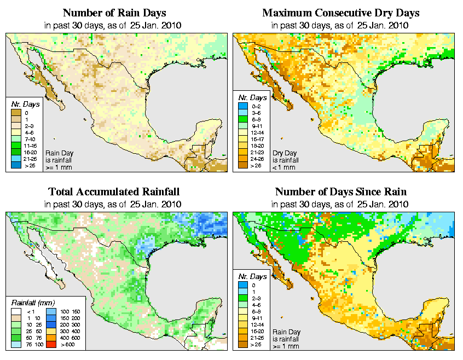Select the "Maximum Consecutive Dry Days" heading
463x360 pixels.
tap(340, 13)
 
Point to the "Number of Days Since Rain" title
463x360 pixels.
tap(340, 192)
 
